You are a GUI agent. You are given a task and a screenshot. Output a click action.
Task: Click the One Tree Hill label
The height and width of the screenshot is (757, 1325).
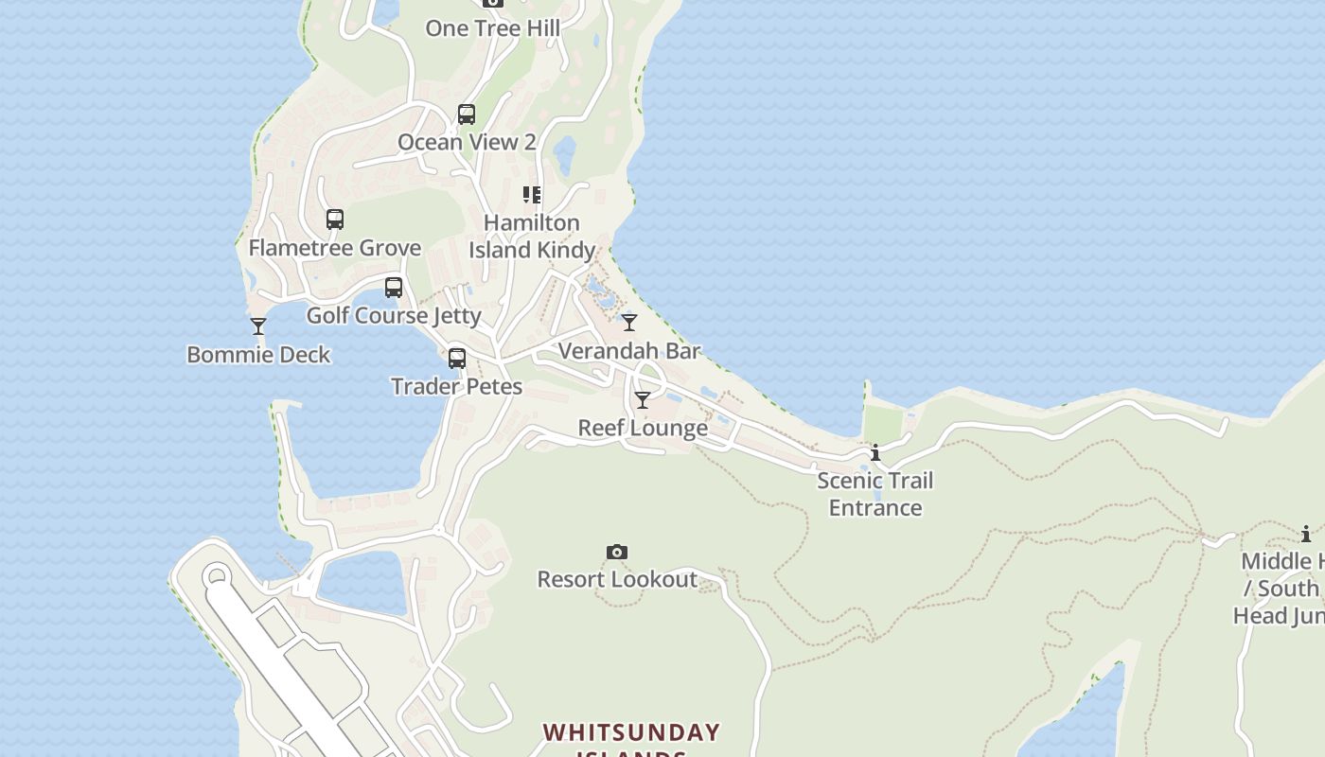coord(492,28)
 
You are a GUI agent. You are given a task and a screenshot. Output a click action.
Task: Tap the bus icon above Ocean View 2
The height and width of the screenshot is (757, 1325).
coord(467,114)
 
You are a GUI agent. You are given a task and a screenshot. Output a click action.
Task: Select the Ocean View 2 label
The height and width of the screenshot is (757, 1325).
coord(467,142)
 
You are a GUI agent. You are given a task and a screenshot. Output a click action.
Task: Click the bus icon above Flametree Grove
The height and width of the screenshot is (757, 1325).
coord(335,220)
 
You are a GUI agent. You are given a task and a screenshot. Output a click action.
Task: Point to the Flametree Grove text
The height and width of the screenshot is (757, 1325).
coord(335,248)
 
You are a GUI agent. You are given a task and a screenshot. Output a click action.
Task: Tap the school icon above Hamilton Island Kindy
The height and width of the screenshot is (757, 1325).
coord(532,195)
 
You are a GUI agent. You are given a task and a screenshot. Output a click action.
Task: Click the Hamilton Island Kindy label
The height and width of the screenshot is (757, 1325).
coord(532,237)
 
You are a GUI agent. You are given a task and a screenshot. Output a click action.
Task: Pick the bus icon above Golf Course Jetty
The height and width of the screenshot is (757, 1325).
coord(394,288)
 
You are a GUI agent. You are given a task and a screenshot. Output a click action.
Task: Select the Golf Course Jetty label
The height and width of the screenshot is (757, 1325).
coord(394,315)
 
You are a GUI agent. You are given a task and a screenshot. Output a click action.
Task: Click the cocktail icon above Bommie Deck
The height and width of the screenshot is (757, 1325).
coord(258,326)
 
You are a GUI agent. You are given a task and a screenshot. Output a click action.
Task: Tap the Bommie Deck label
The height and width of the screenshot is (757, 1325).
coord(258,355)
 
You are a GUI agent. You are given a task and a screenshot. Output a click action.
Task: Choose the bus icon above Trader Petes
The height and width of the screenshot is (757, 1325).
coord(457,359)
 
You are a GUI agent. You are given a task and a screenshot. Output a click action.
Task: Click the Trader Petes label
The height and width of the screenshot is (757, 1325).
coord(457,386)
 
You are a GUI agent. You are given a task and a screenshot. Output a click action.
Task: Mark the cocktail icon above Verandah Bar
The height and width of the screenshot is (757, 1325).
coord(629,323)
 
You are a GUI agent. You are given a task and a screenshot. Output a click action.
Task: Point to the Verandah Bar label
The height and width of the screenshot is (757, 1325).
coord(629,351)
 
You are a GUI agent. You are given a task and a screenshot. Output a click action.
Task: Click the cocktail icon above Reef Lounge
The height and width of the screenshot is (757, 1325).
coord(643,400)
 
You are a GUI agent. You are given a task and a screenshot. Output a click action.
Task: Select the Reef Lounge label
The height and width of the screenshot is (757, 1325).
coord(643,428)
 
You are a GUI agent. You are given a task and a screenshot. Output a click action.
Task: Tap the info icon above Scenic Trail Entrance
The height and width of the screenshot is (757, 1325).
coord(875,453)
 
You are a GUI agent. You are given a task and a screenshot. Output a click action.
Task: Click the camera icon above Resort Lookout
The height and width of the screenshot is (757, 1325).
coord(617,552)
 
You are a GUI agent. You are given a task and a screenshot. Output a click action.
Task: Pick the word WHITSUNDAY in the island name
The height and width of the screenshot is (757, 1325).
coord(631,732)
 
